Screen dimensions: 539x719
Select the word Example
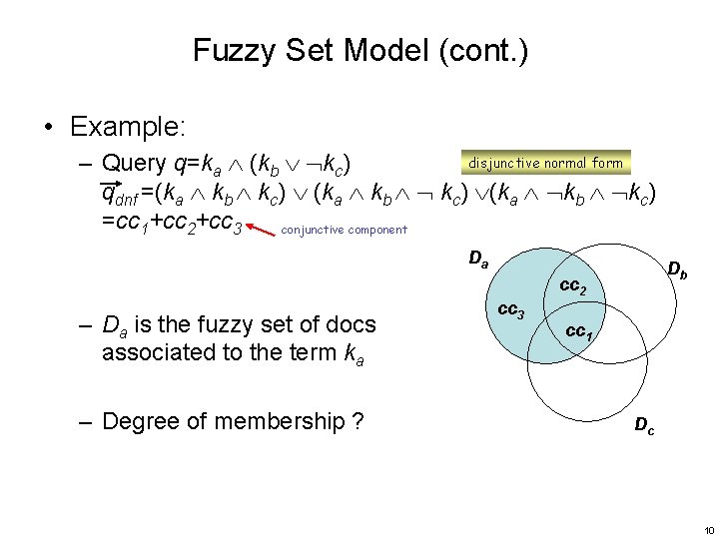(127, 127)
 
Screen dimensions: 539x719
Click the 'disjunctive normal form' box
(544, 163)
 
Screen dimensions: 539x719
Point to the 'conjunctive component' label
(345, 230)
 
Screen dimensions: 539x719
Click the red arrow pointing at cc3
(262, 230)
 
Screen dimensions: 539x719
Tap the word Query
(135, 163)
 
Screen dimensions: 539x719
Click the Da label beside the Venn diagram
(479, 260)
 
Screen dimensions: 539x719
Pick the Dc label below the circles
(645, 426)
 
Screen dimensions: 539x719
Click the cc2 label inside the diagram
(572, 286)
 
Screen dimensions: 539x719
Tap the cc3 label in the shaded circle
(510, 310)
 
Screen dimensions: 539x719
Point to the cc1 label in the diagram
(578, 331)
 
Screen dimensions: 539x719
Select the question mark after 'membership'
(358, 421)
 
